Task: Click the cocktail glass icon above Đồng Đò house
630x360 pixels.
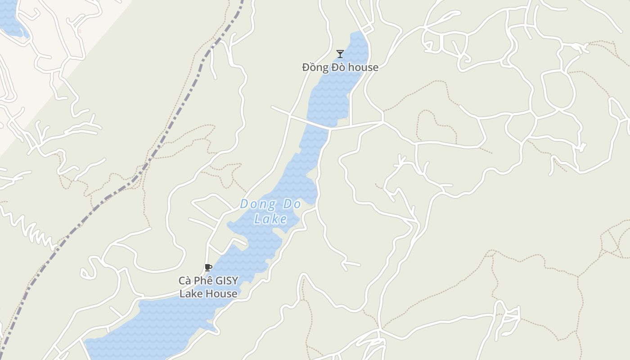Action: click(340, 54)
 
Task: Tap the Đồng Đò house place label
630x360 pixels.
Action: click(340, 67)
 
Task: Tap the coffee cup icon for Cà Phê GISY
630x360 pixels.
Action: click(208, 268)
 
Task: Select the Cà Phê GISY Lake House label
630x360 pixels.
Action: click(208, 287)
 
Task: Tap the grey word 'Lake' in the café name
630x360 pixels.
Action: click(189, 294)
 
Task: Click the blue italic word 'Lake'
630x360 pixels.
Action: click(270, 219)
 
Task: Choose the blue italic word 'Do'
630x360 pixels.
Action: click(292, 204)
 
